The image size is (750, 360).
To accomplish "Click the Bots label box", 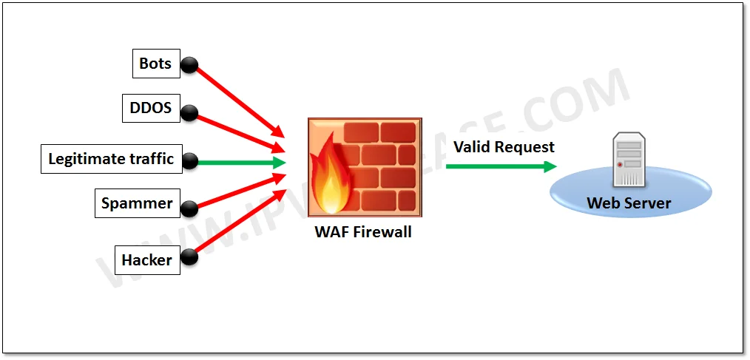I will pos(155,64).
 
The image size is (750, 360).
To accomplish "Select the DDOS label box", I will pos(150,109).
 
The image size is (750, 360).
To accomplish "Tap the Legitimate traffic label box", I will pos(111,159).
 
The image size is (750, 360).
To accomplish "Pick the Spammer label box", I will pos(137,203).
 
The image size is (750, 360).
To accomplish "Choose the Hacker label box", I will pos(146,260).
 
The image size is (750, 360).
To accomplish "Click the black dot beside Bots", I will pos(189,65).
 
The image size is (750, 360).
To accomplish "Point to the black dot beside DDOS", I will pos(189,113).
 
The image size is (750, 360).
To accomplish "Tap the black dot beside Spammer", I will pos(190,208).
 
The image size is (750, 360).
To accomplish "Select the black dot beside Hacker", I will pos(189,257).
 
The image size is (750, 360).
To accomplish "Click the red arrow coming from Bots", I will pos(237,99).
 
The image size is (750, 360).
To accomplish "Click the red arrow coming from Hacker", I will pos(237,225).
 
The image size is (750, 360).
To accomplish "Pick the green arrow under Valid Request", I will pos(500,166).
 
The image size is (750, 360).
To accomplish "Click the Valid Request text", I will pos(504,147).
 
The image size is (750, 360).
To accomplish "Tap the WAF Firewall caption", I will pos(363,231).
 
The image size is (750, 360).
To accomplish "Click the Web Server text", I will pos(629,203).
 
